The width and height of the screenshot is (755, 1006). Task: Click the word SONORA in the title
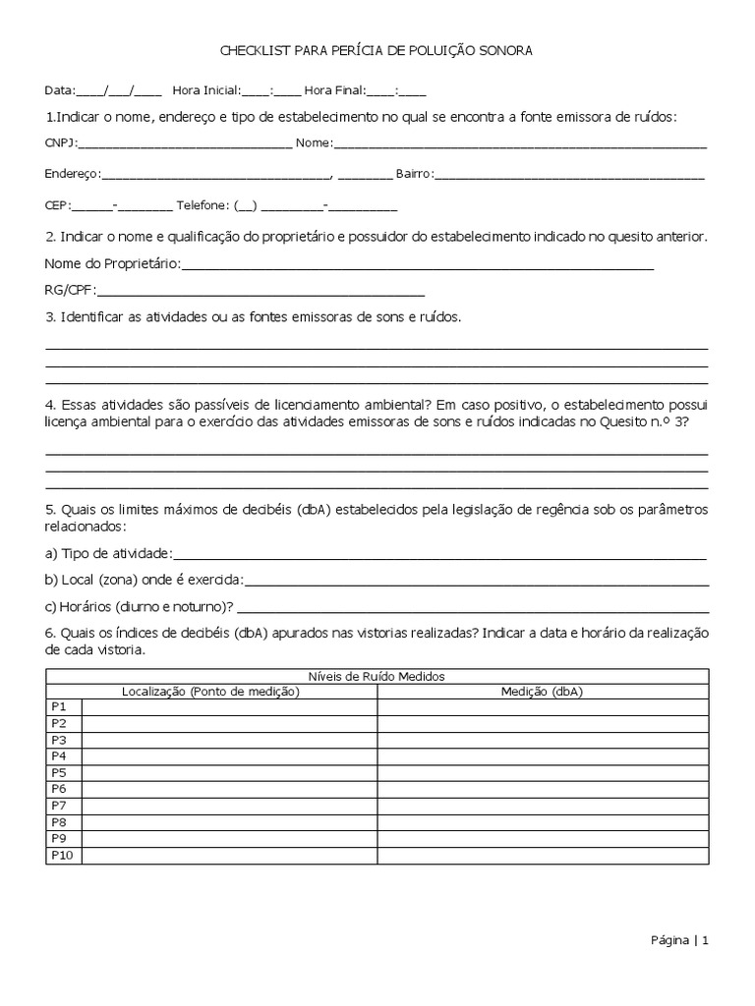point(504,50)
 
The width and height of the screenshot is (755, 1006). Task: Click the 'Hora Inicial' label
point(205,90)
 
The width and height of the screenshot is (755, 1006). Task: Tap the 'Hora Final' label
point(334,90)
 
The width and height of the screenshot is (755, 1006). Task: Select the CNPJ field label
point(61,143)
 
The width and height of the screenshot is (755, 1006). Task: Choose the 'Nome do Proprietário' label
point(112,264)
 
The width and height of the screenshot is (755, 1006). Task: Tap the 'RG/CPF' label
point(69,290)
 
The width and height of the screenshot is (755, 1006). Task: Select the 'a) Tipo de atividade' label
point(108,554)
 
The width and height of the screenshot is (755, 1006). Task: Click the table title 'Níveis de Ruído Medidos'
point(377,677)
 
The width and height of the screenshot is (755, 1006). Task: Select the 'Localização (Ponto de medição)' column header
point(210,692)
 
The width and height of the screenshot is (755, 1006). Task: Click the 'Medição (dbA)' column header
point(542,692)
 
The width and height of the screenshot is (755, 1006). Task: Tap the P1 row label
point(58,707)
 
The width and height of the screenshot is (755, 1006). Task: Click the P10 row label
point(62,856)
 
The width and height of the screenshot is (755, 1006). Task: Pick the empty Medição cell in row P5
point(542,773)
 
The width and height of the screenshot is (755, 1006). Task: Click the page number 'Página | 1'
point(678,940)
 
